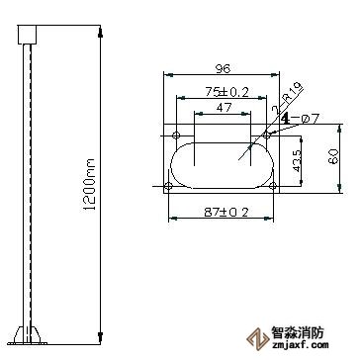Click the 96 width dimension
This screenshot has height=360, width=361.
tap(223, 69)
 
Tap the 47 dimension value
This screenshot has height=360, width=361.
tap(224, 106)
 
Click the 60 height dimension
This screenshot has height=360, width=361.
tap(333, 156)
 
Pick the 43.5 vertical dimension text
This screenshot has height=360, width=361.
tap(298, 159)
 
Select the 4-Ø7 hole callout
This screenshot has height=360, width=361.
tap(297, 119)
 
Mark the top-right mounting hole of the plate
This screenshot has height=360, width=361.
tap(267, 134)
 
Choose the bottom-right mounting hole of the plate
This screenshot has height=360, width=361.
tap(267, 184)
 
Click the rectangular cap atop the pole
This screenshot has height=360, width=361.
tap(27, 36)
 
